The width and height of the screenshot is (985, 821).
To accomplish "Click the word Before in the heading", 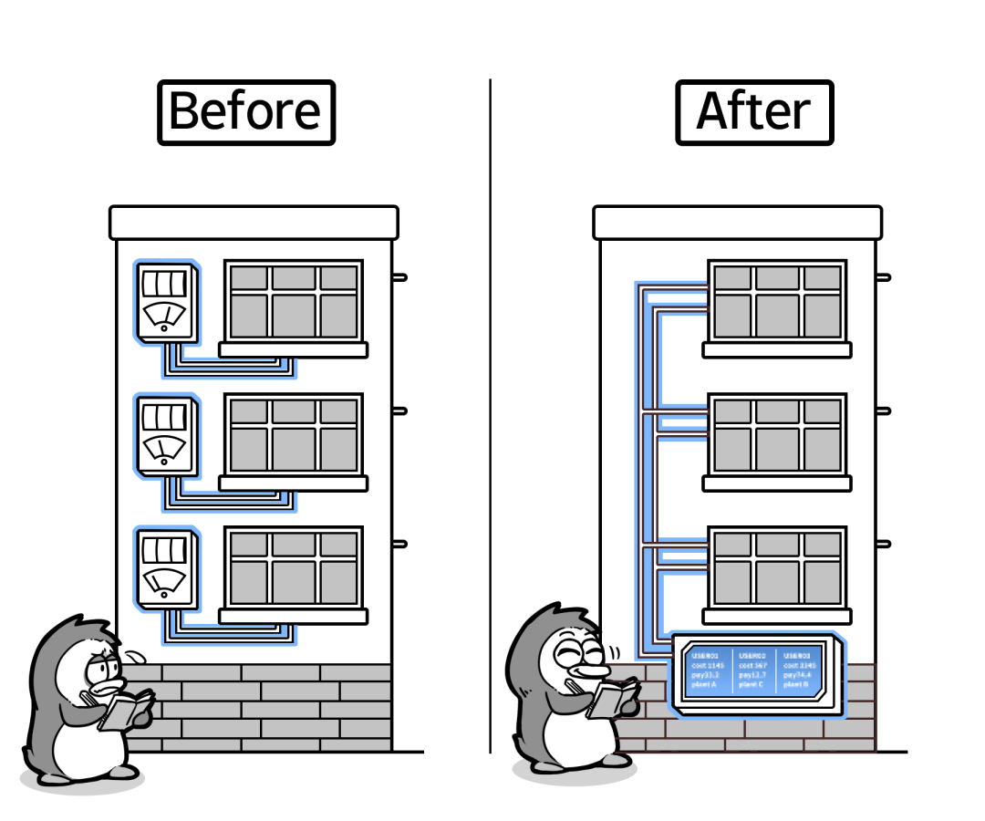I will (245, 112).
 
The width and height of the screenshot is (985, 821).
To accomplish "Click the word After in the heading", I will (753, 112).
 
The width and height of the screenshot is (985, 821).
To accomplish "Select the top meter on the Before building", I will (165, 302).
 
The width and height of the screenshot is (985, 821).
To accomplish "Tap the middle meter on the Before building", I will (165, 434).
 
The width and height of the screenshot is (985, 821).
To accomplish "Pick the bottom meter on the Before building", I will (165, 567).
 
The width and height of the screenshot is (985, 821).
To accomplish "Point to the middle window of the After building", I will (777, 435).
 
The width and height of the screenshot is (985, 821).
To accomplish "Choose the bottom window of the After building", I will (777, 567).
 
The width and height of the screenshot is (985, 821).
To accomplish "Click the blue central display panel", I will (756, 671).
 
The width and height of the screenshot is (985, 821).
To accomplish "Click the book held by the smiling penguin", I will (612, 699).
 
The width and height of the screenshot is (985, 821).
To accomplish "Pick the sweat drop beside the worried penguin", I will (137, 654).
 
